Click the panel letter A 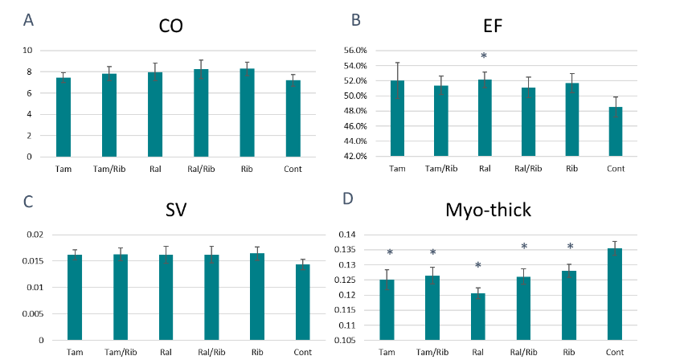click(29, 20)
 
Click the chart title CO click(170, 27)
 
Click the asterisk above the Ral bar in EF click(484, 56)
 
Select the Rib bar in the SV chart click(257, 297)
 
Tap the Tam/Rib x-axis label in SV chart click(120, 352)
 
